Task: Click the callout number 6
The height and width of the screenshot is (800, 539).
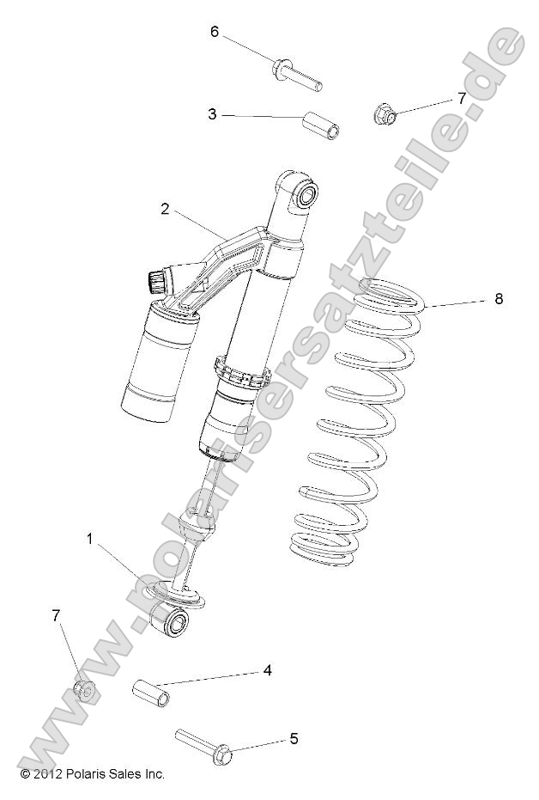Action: coord(215,32)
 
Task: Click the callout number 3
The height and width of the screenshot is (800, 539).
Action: coord(211,113)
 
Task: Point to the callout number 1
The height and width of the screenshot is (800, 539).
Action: coord(89,539)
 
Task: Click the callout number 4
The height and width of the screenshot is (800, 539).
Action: coord(267,669)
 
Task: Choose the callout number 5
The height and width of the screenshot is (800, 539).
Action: coord(293,737)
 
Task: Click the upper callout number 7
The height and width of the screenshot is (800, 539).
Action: coord(461,98)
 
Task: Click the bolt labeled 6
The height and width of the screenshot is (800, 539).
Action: coord(298,75)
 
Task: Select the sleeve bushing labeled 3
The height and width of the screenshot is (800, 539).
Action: coord(320,124)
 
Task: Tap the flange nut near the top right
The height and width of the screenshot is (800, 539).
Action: coord(385,113)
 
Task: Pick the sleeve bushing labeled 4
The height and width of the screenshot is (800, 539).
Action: coord(150,691)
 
